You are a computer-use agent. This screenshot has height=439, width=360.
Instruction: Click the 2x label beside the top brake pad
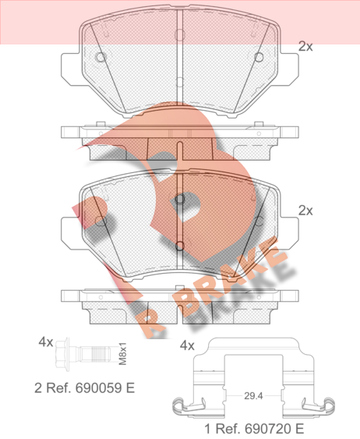305,47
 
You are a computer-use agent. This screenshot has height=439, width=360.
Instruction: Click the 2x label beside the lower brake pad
305,211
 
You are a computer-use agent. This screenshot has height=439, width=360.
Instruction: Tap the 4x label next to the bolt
46,342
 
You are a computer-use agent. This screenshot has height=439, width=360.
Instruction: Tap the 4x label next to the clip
187,345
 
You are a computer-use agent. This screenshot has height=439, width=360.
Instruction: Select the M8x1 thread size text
122,353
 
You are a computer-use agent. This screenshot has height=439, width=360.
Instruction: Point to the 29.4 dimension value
253,396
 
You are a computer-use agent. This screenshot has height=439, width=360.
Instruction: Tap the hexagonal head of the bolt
62,355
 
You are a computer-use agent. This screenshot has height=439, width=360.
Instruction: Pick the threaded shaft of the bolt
97,354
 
